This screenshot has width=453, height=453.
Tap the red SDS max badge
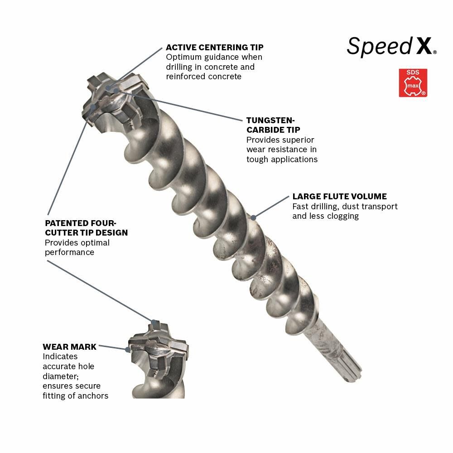(413, 82)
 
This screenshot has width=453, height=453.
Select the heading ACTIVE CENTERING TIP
(214, 47)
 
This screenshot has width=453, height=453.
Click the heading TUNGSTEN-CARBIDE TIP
(270, 125)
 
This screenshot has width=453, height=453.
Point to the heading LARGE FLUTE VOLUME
(339, 197)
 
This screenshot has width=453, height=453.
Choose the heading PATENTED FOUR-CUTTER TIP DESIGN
(86, 227)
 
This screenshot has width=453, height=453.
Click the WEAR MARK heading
(69, 347)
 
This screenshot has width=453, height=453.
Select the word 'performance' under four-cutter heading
(69, 252)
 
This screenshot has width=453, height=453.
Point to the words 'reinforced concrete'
(203, 77)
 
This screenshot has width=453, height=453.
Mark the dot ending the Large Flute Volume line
(254, 217)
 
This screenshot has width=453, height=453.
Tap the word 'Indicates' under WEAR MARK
(60, 357)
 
